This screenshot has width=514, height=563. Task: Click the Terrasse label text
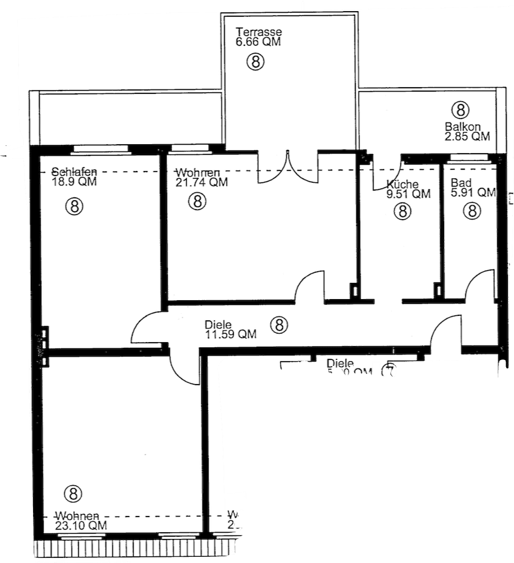pyautogui.click(x=258, y=31)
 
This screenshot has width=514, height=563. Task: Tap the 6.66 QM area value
pyautogui.click(x=258, y=41)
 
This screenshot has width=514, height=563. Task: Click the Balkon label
pyautogui.click(x=463, y=126)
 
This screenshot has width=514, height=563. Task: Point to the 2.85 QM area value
pyautogui.click(x=467, y=136)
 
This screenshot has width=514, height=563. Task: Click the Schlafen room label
pyautogui.click(x=75, y=172)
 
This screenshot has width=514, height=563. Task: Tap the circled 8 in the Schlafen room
pyautogui.click(x=75, y=206)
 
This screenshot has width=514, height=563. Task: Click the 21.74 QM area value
pyautogui.click(x=201, y=182)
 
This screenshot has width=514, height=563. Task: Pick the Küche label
pyautogui.click(x=402, y=184)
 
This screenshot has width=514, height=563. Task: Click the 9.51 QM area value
pyautogui.click(x=408, y=194)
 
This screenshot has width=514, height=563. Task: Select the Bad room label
pyautogui.click(x=461, y=183)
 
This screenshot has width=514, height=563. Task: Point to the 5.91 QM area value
pyautogui.click(x=473, y=193)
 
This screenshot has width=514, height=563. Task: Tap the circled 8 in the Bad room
pyautogui.click(x=472, y=211)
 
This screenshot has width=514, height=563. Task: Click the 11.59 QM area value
pyautogui.click(x=230, y=334)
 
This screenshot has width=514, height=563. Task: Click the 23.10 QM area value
pyautogui.click(x=81, y=526)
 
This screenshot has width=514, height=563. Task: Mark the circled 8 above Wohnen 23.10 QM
pyautogui.click(x=73, y=493)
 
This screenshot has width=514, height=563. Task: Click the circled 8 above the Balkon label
pyautogui.click(x=460, y=108)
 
